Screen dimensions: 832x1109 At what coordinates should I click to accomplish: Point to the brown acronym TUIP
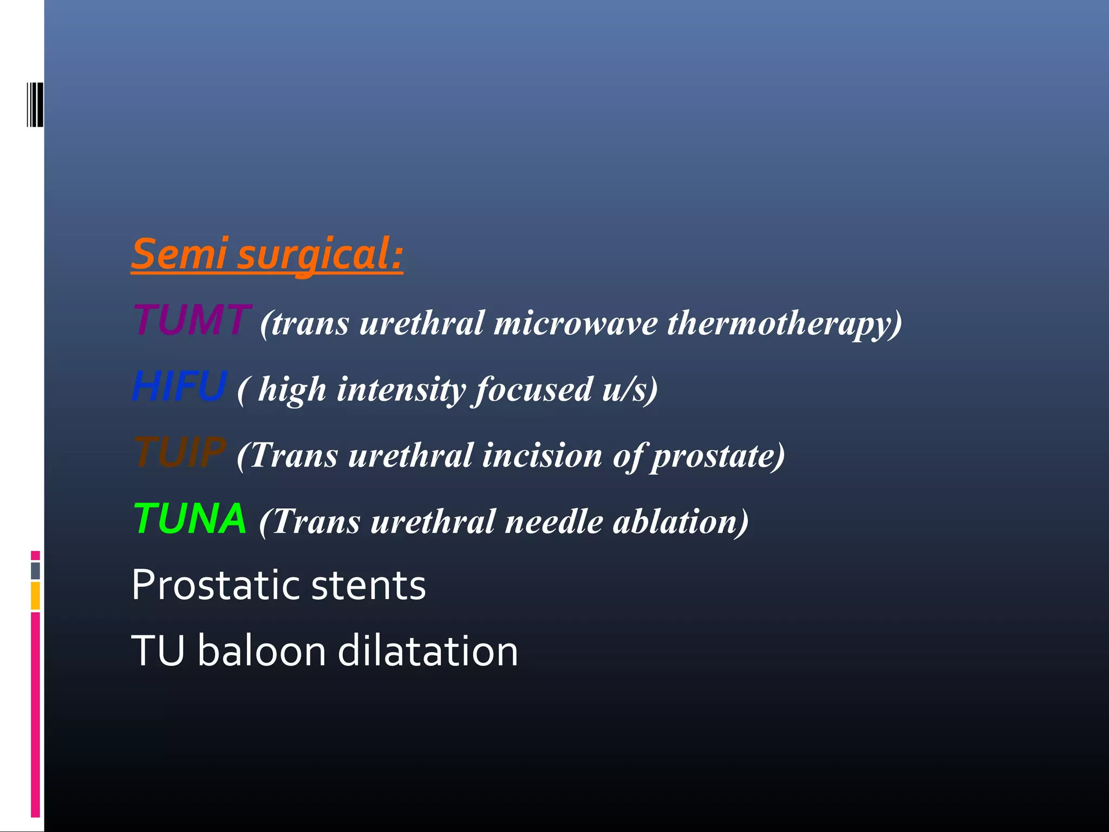pyautogui.click(x=179, y=452)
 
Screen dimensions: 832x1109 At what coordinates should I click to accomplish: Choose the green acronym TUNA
pyautogui.click(x=190, y=519)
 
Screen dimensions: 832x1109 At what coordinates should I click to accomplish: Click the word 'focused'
pyautogui.click(x=534, y=390)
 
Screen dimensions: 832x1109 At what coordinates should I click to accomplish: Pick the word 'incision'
pyautogui.click(x=542, y=456)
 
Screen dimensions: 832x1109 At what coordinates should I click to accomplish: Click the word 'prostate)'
pyautogui.click(x=718, y=457)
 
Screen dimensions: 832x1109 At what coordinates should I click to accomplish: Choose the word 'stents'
pyautogui.click(x=368, y=587)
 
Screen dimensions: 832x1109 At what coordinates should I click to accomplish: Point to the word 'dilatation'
pyautogui.click(x=428, y=651)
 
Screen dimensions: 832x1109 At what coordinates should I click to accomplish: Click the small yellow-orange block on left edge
pyautogui.click(x=35, y=595)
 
